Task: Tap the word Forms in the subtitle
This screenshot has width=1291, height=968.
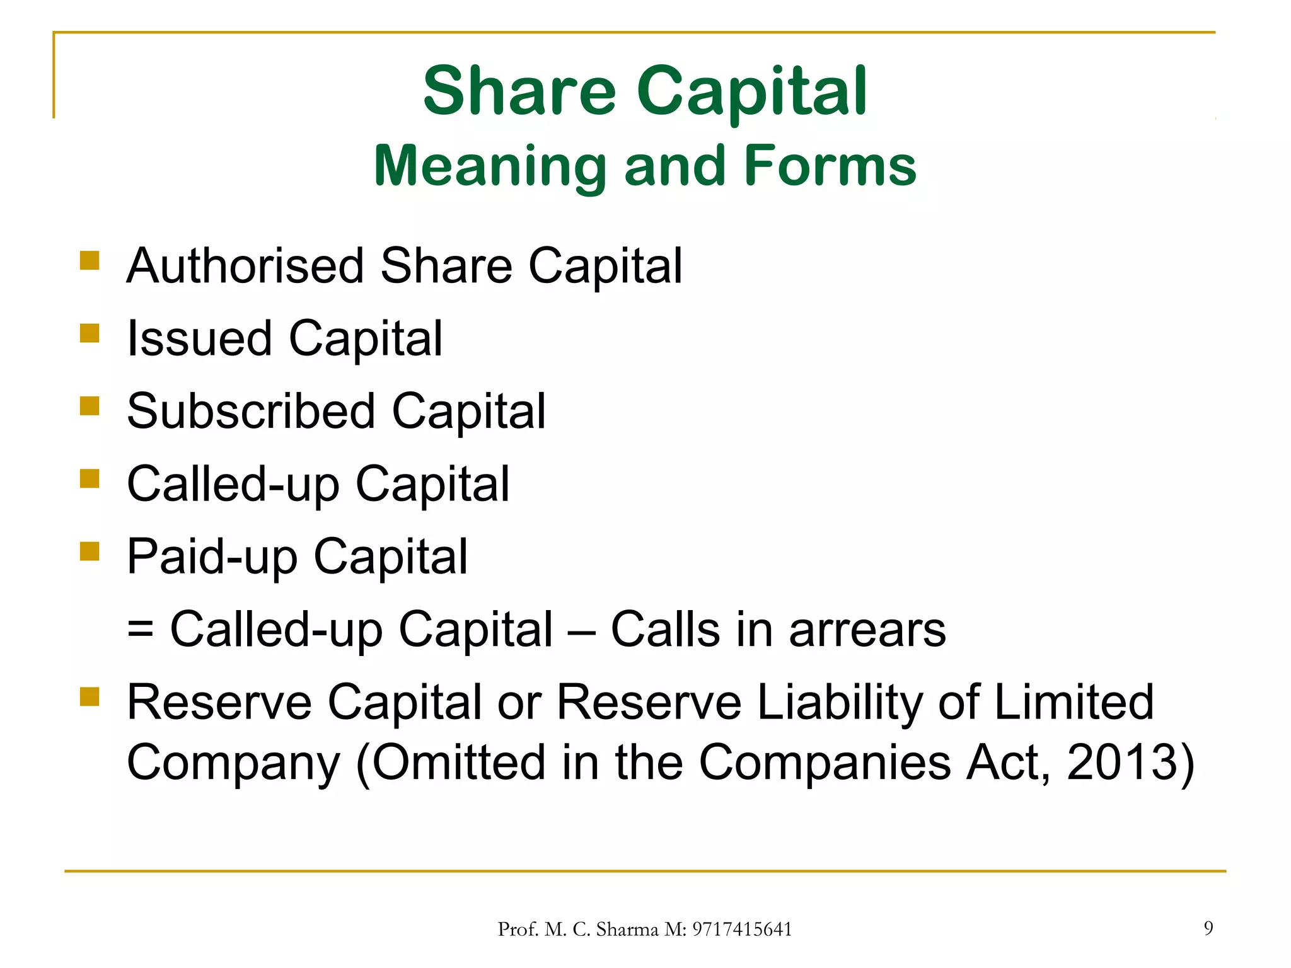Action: [x=830, y=166]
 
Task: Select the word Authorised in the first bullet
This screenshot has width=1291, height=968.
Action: [x=245, y=266]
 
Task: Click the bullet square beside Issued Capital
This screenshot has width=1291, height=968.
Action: [x=90, y=333]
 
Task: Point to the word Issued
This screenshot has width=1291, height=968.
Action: [x=199, y=338]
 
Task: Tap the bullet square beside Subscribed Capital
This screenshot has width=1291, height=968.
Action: [x=90, y=406]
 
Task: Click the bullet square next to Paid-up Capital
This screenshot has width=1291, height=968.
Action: [x=90, y=551]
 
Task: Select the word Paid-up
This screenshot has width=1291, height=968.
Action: [x=212, y=557]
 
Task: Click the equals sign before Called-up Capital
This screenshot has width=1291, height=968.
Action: [x=140, y=630]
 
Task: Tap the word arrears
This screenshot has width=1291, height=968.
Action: [x=867, y=630]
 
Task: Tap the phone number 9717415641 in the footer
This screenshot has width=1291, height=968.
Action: [x=742, y=930]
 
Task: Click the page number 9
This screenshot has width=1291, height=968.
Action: [x=1208, y=928]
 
